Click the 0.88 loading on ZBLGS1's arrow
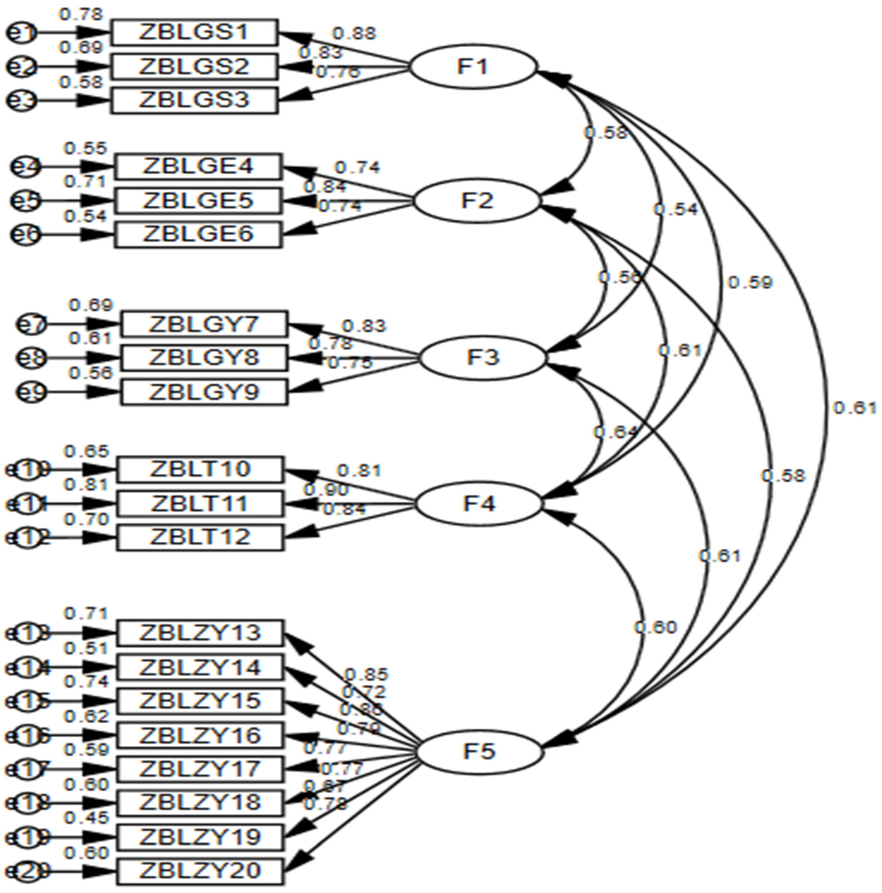[354, 33]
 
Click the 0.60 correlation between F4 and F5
[655, 627]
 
